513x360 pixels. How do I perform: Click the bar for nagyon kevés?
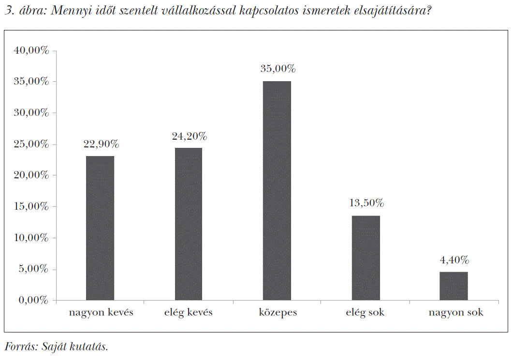(100, 228)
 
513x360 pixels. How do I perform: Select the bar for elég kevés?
(189, 224)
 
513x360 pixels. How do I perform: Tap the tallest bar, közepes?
(277, 190)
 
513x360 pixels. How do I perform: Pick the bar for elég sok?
(366, 258)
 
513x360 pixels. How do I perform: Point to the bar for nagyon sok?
(454, 286)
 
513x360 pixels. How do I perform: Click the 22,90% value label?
(101, 144)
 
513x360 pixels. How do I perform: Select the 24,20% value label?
(189, 136)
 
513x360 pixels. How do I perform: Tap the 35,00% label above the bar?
(278, 69)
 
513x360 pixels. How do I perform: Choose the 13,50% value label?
(366, 203)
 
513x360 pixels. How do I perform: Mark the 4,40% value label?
(454, 260)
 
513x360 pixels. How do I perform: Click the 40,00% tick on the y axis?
(31, 50)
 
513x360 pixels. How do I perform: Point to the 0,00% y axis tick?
(34, 300)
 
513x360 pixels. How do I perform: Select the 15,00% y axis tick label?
(31, 206)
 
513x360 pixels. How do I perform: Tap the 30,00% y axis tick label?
(31, 113)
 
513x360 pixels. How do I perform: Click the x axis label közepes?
(278, 313)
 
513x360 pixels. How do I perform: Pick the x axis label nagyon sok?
(455, 313)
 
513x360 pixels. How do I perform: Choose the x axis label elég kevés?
(188, 313)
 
